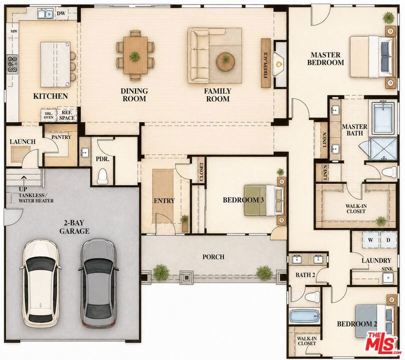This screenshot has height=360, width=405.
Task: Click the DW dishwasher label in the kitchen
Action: coord(61,13)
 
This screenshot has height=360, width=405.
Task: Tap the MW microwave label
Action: coord(14,31)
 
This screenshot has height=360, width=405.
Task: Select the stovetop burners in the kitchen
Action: coord(12,63)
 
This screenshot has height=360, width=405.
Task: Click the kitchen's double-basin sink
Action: coord(45,13)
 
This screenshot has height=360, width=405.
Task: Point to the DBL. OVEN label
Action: coord(48,115)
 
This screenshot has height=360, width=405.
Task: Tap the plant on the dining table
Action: coord(134,56)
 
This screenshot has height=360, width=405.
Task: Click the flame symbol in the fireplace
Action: coord(278,63)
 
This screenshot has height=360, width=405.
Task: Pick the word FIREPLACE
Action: coord(266,65)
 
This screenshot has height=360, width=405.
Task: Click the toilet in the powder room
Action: coord(102,176)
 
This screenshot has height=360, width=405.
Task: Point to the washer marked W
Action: coord(370,240)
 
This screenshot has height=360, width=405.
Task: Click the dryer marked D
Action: coord(388,240)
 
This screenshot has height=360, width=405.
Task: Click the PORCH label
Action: coord(213,257)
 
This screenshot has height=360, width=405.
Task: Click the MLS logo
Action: coord(381,344)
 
